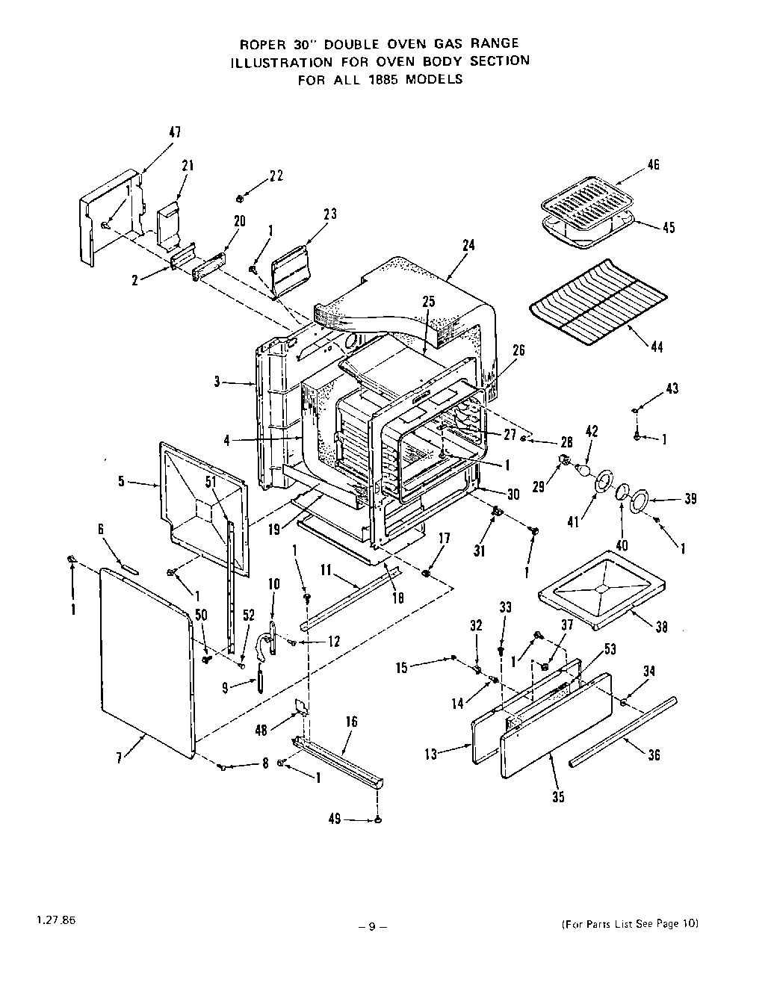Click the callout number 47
(174, 132)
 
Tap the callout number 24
(468, 246)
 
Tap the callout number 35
(558, 797)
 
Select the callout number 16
(351, 722)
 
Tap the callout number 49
(334, 819)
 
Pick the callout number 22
(276, 176)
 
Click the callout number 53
(609, 650)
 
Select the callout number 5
(121, 482)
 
